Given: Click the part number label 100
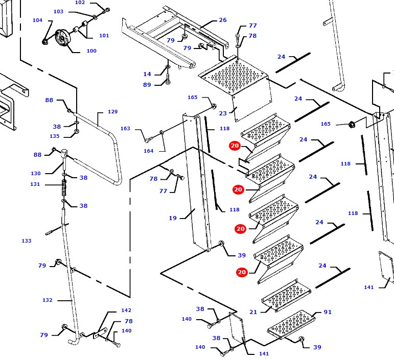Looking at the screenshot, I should pos(91,51).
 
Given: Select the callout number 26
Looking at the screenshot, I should pos(222,20).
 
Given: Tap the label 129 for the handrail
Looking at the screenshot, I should pos(112,112).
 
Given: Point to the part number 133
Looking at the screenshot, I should pos(27,241).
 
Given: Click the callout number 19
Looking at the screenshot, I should pos(173,218).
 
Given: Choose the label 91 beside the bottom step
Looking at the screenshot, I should pos(328,312).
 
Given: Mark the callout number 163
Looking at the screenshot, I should pos(125,129).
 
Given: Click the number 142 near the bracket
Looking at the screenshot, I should pos(126,310).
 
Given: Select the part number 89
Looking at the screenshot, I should pos(147,85).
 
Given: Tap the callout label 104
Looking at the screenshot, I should pos(37,20).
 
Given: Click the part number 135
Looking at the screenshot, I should pos(55,136).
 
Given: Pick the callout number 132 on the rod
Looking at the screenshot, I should pos(47,300).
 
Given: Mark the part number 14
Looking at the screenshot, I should pos(147,75).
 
